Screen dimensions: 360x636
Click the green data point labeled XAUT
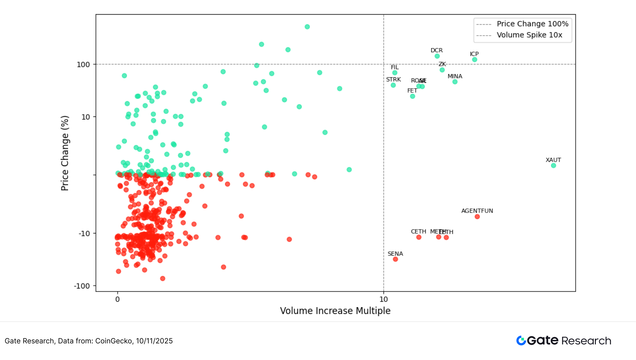553,165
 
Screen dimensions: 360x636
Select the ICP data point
475,60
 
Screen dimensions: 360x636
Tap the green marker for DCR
437,56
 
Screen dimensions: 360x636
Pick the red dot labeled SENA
395,259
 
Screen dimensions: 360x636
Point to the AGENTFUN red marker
477,217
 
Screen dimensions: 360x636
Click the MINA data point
455,82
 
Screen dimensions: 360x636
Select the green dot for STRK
393,85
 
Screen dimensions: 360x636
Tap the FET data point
413,96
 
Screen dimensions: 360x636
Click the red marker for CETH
419,237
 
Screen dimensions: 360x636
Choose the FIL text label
395,67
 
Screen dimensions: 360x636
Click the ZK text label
442,64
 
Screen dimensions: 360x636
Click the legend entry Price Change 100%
532,24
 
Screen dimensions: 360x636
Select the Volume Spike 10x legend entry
529,35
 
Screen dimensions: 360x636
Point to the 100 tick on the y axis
83,64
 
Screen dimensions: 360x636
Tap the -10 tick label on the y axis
84,234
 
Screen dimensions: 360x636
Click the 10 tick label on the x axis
383,299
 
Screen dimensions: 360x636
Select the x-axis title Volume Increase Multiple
335,311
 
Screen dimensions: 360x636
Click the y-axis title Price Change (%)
65,153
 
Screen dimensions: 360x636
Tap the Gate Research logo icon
521,341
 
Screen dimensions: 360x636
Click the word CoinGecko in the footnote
114,341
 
